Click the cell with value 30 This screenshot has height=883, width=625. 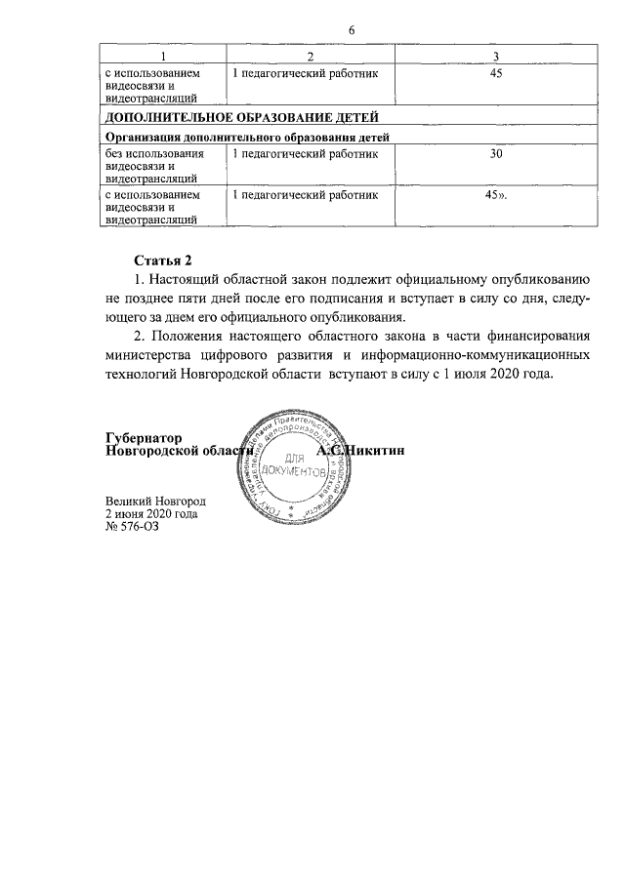[496, 153]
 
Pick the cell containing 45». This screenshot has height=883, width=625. [497, 195]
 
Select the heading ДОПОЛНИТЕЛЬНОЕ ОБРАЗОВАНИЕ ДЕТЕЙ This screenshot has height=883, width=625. [229, 118]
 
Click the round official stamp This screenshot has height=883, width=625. [297, 466]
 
